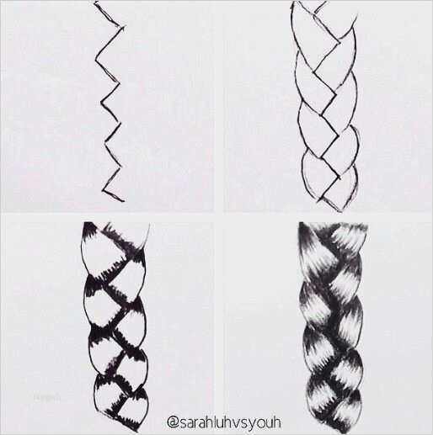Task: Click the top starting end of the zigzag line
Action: tap(95, 3)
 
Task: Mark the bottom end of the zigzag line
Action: tap(123, 200)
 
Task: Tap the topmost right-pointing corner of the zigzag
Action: tap(124, 27)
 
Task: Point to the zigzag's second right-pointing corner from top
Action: tap(120, 82)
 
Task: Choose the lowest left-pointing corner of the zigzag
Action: tap(103, 190)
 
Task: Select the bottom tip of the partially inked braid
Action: tap(137, 431)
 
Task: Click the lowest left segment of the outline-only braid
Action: tap(318, 174)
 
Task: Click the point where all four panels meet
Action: tap(218, 216)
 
